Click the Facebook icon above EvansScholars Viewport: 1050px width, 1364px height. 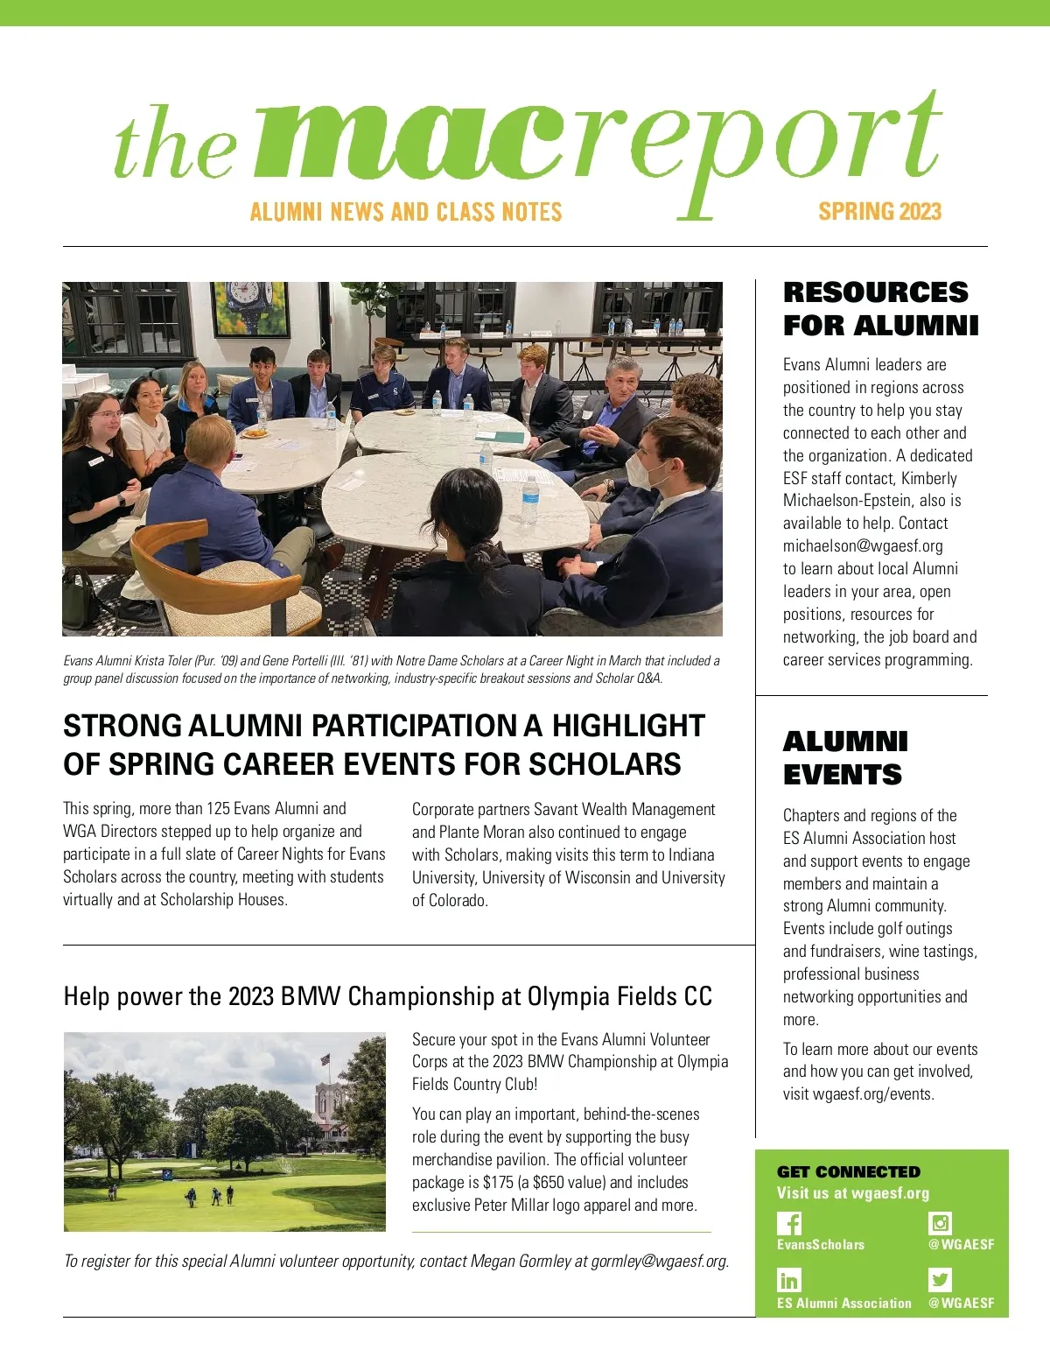click(x=788, y=1223)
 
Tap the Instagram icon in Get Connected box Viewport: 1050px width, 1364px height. click(x=940, y=1223)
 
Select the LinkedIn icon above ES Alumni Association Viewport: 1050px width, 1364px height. click(x=788, y=1281)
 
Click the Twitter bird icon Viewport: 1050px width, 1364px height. click(x=940, y=1280)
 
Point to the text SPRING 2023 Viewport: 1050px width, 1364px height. click(x=879, y=212)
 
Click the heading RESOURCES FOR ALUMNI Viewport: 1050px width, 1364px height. click(x=880, y=308)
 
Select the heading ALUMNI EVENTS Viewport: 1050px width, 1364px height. click(x=844, y=758)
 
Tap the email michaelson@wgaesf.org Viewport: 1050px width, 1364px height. click(x=863, y=545)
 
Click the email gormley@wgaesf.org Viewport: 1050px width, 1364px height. click(x=658, y=1261)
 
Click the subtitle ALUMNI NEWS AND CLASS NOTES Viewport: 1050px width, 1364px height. click(x=406, y=212)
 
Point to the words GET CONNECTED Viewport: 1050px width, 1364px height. click(x=848, y=1171)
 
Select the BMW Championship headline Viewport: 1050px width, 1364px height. click(x=388, y=996)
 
